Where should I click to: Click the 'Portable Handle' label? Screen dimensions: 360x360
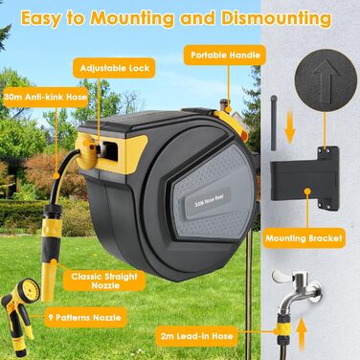(225, 55)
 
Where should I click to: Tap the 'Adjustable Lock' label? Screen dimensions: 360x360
(114, 68)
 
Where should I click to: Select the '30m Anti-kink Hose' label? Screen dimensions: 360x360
(46, 97)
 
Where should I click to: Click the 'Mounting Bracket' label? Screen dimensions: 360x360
(304, 238)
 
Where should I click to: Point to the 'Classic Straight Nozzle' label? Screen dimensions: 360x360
(104, 281)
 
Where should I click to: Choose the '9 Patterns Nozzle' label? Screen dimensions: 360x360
(85, 317)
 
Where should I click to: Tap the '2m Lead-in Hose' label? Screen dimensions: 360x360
(196, 336)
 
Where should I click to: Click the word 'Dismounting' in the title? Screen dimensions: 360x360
(276, 18)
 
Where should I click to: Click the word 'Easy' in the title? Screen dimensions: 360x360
(40, 19)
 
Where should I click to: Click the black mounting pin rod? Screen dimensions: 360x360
(274, 123)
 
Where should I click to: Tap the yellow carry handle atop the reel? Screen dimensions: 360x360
(230, 120)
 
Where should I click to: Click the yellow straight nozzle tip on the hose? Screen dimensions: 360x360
(49, 281)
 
